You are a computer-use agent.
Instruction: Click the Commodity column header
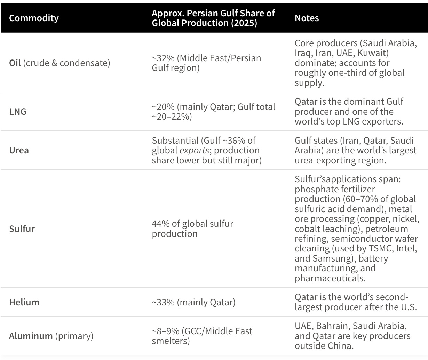(34, 18)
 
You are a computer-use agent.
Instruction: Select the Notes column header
(307, 18)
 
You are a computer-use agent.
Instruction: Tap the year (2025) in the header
(244, 23)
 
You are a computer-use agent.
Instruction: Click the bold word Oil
(15, 63)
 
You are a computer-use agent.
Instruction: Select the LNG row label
(18, 112)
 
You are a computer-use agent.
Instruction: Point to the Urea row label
(19, 150)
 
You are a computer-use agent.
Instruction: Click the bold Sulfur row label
(22, 229)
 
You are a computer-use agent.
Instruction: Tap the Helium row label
(24, 302)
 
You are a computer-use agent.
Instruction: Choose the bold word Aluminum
(31, 336)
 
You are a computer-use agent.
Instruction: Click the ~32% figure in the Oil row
(163, 58)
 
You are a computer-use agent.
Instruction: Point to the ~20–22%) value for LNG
(172, 117)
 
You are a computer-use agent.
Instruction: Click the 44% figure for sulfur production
(161, 224)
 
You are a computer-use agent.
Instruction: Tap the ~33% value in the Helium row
(163, 302)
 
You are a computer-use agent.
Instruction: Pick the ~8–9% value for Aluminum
(166, 331)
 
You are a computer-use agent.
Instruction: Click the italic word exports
(194, 151)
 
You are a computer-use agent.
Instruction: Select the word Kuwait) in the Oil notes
(373, 53)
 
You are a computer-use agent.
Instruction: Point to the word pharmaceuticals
(330, 278)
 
